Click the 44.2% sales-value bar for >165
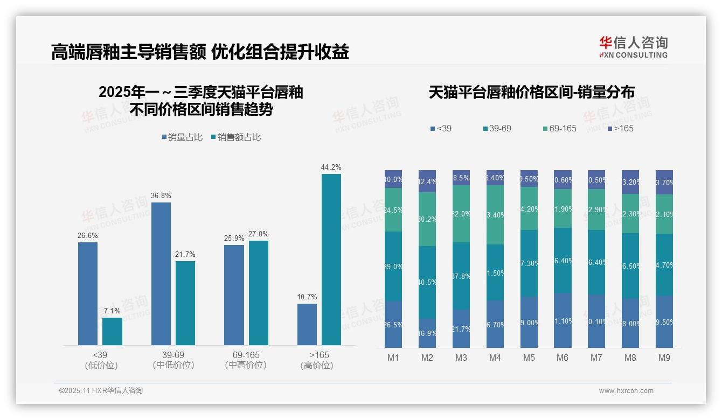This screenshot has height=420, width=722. click(331, 259)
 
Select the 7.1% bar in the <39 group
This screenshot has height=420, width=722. click(112, 331)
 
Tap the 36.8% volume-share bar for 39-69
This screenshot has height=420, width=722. click(161, 274)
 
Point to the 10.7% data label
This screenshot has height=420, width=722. click(307, 297)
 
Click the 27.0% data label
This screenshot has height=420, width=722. click(258, 234)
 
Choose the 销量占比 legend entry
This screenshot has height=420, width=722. click(183, 137)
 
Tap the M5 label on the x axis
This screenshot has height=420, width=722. click(529, 358)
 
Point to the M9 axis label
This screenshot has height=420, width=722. click(664, 358)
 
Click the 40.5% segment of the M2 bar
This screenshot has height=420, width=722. click(427, 282)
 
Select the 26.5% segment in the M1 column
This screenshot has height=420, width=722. click(393, 324)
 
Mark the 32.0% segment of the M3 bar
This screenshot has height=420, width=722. click(461, 214)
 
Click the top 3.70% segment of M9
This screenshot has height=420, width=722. click(664, 182)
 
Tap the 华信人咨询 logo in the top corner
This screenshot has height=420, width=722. click(633, 47)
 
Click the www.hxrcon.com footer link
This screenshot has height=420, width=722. click(626, 391)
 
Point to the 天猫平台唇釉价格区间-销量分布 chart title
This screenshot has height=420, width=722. click(531, 92)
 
